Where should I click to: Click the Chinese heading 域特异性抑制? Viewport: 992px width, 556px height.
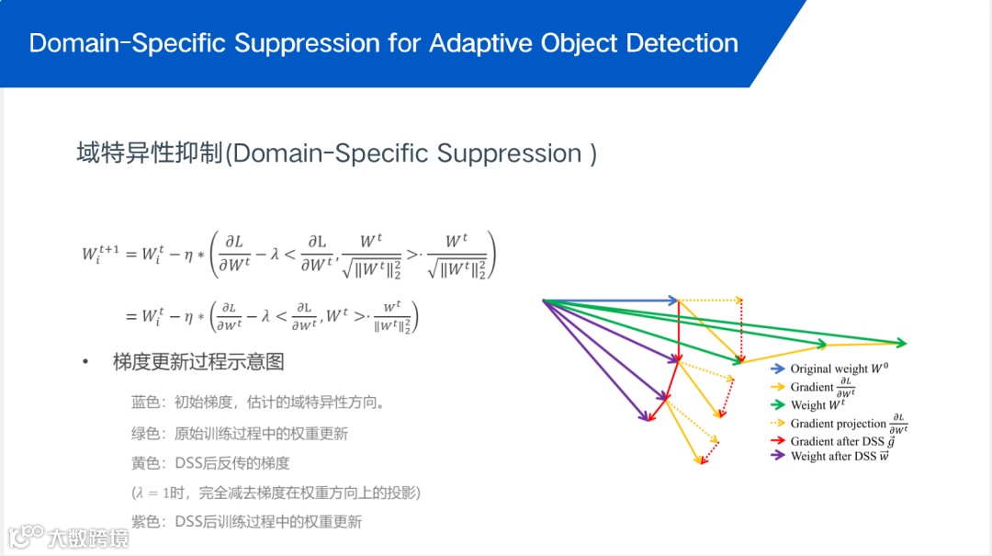[x=150, y=153]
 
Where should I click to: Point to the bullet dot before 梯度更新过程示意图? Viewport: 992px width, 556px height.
[x=85, y=362]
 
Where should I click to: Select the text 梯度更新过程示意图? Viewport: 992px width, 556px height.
[x=198, y=362]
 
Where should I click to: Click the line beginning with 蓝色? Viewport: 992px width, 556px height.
[x=258, y=403]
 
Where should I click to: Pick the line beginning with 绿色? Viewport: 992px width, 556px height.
[x=240, y=433]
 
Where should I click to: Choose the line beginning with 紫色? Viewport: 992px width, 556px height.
[x=246, y=522]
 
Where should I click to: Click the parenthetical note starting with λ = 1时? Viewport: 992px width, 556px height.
[x=276, y=494]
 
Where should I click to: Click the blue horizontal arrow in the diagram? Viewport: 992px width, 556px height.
[x=611, y=300]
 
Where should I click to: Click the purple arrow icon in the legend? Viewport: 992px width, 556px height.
[x=777, y=456]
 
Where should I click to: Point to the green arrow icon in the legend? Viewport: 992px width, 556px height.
[x=777, y=404]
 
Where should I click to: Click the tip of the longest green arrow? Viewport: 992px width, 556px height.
[x=905, y=344]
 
